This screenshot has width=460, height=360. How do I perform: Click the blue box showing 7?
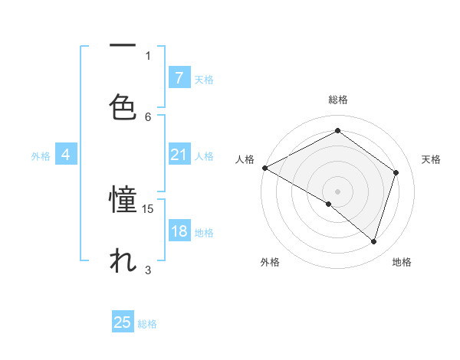point(179,78)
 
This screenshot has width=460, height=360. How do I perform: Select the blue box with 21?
point(179,155)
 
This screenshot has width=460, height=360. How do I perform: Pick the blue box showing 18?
point(179,232)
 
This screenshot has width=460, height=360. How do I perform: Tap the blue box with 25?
point(123,322)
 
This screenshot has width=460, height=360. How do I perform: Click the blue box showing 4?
point(65,155)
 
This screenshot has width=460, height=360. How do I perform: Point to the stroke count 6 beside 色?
point(148,116)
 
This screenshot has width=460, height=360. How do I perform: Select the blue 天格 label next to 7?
point(204,79)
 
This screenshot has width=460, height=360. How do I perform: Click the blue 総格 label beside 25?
point(147,324)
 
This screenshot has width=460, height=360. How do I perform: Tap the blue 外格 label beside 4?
point(41,155)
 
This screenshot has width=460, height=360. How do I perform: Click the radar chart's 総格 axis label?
point(338,100)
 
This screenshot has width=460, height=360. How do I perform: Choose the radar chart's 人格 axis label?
point(245,159)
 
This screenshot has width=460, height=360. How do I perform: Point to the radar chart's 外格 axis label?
point(270,262)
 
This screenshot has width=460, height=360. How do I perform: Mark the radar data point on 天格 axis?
point(396,172)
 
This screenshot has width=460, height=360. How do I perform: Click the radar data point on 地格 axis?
point(373,241)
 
